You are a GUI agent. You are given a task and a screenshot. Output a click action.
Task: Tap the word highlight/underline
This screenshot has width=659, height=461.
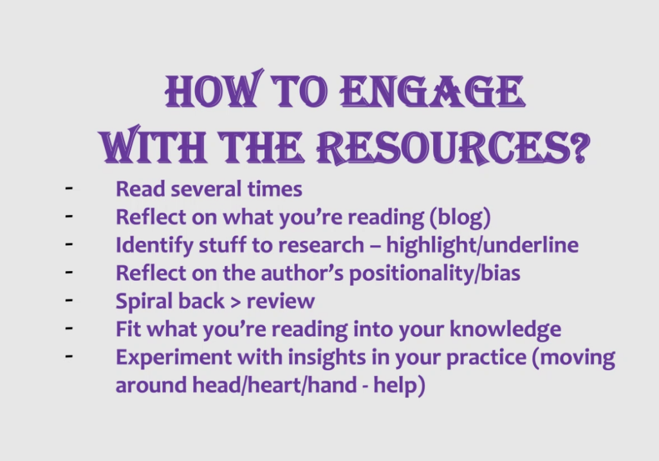(482, 245)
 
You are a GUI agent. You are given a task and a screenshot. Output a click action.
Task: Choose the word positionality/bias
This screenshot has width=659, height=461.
(434, 274)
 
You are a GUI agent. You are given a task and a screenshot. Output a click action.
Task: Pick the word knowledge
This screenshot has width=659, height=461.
(505, 330)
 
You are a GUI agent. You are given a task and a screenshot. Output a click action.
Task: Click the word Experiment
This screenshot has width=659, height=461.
(173, 357)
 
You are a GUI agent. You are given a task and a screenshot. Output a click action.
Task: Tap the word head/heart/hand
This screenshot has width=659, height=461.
(274, 385)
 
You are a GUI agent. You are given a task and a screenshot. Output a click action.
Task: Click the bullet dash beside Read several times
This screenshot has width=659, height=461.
(69, 188)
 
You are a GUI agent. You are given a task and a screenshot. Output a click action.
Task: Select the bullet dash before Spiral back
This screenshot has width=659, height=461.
(69, 300)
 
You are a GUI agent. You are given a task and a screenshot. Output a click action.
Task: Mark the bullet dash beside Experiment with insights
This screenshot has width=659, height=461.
(69, 356)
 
